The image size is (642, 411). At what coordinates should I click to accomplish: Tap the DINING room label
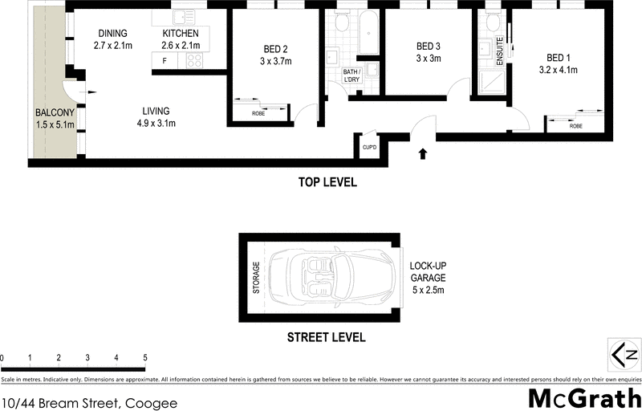coord(113,33)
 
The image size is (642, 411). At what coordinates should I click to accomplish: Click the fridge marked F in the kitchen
coord(165,61)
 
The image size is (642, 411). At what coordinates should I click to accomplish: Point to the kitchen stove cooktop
coord(193,61)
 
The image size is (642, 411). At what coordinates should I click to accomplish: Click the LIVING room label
coord(156,112)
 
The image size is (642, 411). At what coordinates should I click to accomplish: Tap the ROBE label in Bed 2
coord(258,114)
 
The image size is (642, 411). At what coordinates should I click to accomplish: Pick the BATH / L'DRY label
coord(351,76)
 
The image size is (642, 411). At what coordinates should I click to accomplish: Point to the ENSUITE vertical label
coord(499,51)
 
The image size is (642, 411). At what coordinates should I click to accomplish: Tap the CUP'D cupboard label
coord(369,147)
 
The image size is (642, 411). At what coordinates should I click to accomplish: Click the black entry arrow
coord(422,153)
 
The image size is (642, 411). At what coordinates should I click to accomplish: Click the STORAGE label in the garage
coord(257,277)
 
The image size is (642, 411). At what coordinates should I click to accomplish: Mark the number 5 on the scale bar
coord(145,357)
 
